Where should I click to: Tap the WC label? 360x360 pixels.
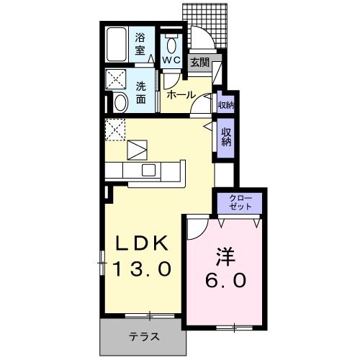click(x=171, y=60)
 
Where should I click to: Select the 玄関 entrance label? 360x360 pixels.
click(x=199, y=63)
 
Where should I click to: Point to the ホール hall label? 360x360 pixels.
click(x=179, y=94)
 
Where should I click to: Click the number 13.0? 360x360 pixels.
click(x=142, y=270)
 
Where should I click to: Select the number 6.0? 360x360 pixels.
click(x=224, y=279)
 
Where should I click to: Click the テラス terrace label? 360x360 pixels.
click(x=144, y=336)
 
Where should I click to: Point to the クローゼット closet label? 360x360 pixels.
click(x=240, y=202)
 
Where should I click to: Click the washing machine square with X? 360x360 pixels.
click(x=116, y=79)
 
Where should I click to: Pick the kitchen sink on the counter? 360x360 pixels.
click(x=149, y=170)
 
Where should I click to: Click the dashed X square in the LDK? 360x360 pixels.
click(x=115, y=130)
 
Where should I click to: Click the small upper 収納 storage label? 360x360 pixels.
click(x=225, y=105)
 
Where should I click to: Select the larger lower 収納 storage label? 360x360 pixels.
click(x=226, y=136)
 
